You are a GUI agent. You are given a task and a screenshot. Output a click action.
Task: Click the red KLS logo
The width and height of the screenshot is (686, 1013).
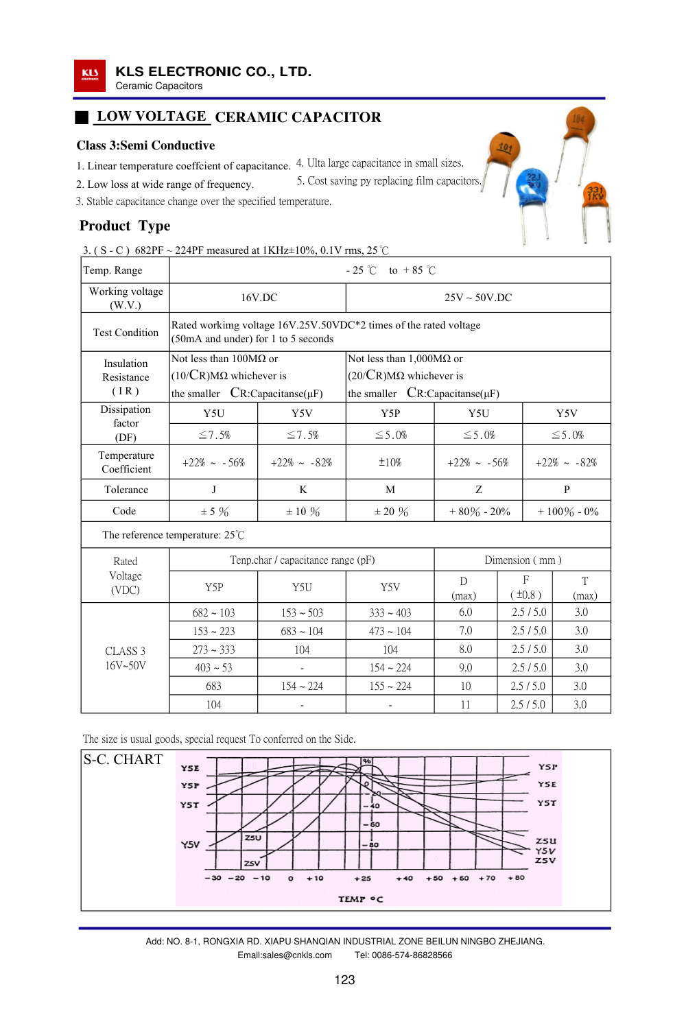coord(90,75)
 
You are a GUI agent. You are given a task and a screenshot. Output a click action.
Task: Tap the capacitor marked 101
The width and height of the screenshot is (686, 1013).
coord(504,149)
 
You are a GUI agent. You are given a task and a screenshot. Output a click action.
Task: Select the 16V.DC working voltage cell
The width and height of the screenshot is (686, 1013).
coord(259,298)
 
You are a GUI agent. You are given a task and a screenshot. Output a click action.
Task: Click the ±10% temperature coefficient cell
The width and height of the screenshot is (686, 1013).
coord(390,463)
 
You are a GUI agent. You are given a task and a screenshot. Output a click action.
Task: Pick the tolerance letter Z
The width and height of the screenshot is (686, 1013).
coord(479,490)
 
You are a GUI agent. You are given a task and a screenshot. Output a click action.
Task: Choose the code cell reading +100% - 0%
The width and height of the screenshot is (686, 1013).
coord(567,512)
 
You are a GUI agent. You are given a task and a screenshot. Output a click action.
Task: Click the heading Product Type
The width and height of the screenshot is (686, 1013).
coord(125,226)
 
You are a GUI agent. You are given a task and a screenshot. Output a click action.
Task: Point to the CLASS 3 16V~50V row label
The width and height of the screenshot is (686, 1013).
coord(126,658)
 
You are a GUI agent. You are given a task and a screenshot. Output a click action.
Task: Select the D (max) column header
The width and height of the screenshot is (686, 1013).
coord(464,588)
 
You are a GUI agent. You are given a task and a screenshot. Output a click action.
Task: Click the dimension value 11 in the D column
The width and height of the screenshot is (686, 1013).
coord(465,705)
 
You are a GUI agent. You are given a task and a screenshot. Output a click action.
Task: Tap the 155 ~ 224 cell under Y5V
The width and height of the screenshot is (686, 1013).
coord(390,687)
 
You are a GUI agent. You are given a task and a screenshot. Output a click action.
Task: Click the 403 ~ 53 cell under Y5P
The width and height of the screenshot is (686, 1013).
coord(213,668)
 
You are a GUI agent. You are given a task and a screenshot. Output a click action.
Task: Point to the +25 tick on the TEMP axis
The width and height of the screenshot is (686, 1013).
coord(362,878)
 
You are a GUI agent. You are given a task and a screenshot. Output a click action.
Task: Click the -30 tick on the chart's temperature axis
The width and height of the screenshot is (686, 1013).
coord(213,878)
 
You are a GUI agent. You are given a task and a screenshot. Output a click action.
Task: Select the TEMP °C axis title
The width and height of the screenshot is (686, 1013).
coord(360,899)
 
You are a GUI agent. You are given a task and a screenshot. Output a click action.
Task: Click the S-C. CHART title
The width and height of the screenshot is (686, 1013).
coord(123,760)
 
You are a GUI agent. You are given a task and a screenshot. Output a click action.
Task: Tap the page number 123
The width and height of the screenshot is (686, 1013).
coord(344,980)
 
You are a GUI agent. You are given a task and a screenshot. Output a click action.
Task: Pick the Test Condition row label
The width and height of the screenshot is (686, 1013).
coord(126,333)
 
